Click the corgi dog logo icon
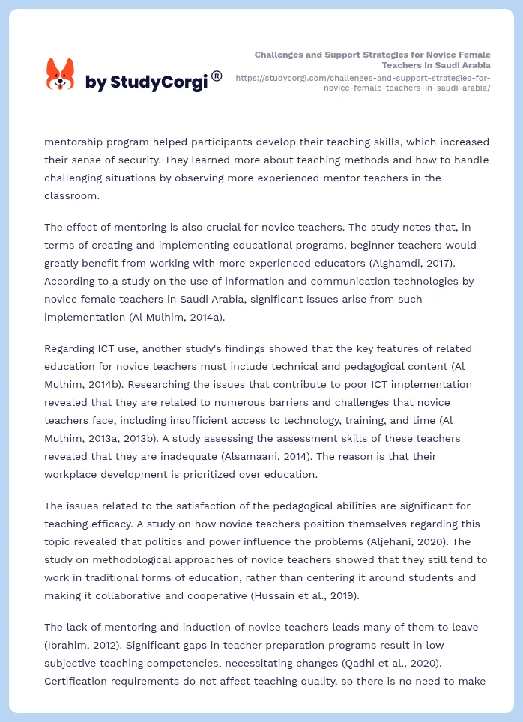61,74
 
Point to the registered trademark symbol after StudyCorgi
217,76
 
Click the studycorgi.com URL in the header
363,82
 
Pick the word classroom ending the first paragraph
73,195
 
